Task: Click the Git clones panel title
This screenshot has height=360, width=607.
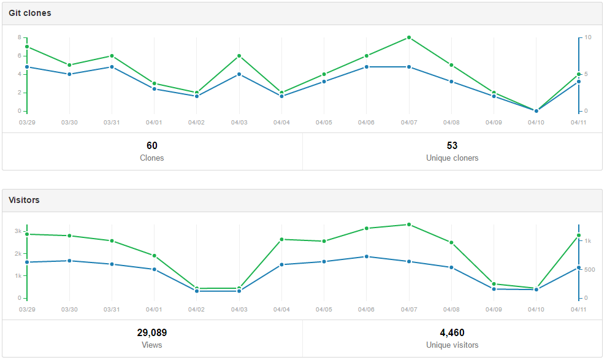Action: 29,13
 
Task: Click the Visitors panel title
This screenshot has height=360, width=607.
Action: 24,200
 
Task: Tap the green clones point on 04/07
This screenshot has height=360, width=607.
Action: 409,37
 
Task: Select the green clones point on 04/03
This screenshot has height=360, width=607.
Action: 239,56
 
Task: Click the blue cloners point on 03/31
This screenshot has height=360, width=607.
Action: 112,67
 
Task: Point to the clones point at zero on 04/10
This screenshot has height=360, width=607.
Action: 536,111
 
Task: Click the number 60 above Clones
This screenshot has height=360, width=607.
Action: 152,145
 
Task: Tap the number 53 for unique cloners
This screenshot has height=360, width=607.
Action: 452,145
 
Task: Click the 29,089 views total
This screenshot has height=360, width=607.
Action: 152,332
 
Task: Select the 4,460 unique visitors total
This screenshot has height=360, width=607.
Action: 452,332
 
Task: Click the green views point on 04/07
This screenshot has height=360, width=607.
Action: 409,224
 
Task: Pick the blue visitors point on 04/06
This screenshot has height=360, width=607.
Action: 367,256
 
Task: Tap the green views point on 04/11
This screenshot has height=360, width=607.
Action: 579,236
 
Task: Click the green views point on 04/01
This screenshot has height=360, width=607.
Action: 155,256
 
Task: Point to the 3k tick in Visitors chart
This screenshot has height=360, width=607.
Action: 18,231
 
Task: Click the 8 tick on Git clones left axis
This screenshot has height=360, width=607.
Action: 20,37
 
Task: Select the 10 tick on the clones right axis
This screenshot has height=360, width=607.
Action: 587,37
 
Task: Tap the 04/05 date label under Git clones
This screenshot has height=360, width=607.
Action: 324,122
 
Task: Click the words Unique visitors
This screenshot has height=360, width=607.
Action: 452,345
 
